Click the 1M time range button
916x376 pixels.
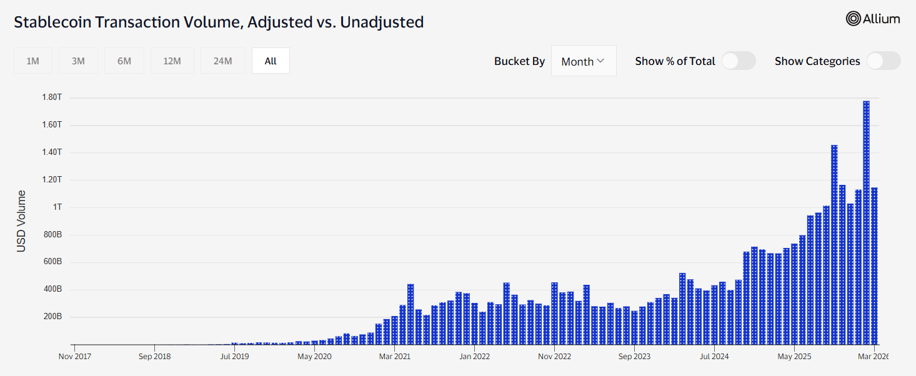click(32, 61)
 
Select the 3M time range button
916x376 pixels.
click(78, 61)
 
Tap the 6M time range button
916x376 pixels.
click(124, 61)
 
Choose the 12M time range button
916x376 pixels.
click(172, 61)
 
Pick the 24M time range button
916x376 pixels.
click(223, 61)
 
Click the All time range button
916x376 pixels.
click(271, 61)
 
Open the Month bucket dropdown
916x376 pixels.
click(584, 61)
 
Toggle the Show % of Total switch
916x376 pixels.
click(739, 61)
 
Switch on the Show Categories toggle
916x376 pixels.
click(884, 61)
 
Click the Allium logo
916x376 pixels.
click(873, 19)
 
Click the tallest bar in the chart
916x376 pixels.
click(866, 223)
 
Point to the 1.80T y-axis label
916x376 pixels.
click(52, 97)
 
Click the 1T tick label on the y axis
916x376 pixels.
click(57, 207)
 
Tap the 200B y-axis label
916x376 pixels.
click(52, 316)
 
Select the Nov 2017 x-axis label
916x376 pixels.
click(75, 357)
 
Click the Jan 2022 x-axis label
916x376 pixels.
click(474, 357)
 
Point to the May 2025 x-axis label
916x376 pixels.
click(794, 357)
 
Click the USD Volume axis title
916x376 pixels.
click(21, 221)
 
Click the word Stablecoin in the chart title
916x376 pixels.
click(52, 22)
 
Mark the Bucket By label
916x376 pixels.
click(519, 61)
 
